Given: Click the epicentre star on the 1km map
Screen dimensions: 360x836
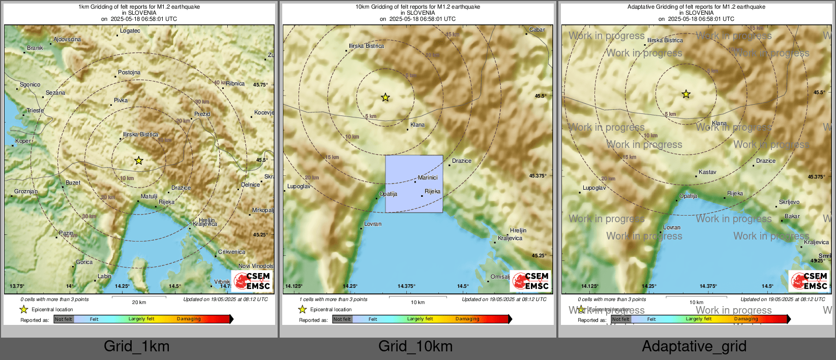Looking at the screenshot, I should (139, 161).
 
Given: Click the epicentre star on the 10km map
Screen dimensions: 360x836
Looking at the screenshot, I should (385, 97).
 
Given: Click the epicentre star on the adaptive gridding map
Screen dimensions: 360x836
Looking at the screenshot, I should (686, 94).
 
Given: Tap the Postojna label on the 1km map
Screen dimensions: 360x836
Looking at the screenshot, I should (129, 72).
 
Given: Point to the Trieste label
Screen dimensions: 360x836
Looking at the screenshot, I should (35, 110).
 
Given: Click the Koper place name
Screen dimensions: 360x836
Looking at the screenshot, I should (23, 141).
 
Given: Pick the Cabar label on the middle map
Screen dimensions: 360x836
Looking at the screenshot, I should (537, 29).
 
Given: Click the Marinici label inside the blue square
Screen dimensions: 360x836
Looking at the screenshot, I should (427, 177).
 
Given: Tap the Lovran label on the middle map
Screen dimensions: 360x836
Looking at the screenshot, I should (373, 224).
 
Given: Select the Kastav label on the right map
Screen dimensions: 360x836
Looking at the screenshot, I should (707, 172).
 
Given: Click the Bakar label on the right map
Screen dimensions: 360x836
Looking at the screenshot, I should (792, 216).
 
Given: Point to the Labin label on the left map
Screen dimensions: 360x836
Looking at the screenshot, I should (104, 276).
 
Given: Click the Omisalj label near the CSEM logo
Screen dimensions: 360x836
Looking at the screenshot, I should (500, 277).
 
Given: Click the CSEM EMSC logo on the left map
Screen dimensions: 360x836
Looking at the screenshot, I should (252, 281).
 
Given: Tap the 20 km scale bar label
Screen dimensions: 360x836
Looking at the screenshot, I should (139, 302).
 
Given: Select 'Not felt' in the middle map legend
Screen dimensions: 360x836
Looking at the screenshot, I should (342, 319).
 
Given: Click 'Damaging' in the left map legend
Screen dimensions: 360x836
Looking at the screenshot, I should (189, 319).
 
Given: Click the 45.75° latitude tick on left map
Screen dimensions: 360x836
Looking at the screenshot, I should (260, 85).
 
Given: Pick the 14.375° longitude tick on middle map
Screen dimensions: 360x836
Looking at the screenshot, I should (406, 286).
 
